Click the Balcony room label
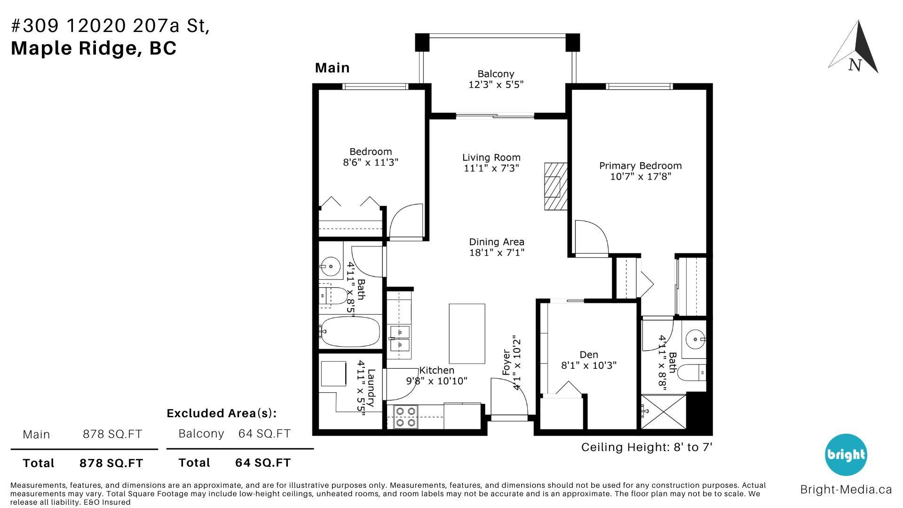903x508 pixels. (x=496, y=74)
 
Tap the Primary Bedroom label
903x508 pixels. (x=640, y=166)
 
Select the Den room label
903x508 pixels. (x=589, y=355)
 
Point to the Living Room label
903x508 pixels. (x=491, y=158)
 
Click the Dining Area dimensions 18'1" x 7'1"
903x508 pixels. (x=497, y=253)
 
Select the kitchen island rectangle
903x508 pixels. (x=467, y=333)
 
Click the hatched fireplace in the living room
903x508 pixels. (x=556, y=186)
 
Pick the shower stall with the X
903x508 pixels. (x=664, y=412)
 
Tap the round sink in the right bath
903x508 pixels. (x=696, y=338)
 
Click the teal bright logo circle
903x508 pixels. (x=846, y=455)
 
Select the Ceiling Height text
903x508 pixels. (x=647, y=447)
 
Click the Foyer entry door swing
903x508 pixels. (x=509, y=397)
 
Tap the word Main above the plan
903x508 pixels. (x=332, y=68)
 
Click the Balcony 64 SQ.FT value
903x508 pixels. (x=264, y=433)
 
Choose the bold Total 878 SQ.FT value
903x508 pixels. (x=111, y=463)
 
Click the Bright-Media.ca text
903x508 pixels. (x=846, y=489)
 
